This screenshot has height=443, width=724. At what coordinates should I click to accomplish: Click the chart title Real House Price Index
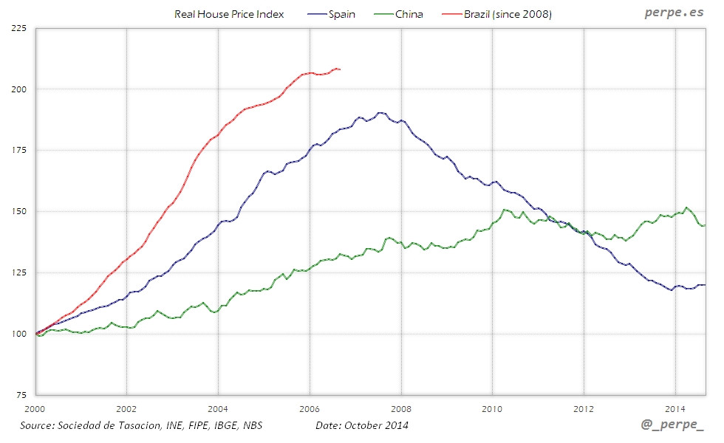click(229, 14)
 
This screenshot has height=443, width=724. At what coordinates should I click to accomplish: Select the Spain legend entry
click(341, 14)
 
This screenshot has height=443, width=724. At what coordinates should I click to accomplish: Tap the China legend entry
click(409, 14)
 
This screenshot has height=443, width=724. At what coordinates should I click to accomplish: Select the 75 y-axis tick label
click(21, 395)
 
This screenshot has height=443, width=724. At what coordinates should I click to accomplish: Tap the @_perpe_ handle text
click(672, 427)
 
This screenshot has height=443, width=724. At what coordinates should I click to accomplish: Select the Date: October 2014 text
click(361, 425)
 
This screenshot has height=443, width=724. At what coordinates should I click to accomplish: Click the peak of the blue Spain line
click(380, 113)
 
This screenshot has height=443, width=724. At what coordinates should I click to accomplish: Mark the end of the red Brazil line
click(339, 69)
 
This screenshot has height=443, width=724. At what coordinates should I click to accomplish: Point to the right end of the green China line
click(704, 225)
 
